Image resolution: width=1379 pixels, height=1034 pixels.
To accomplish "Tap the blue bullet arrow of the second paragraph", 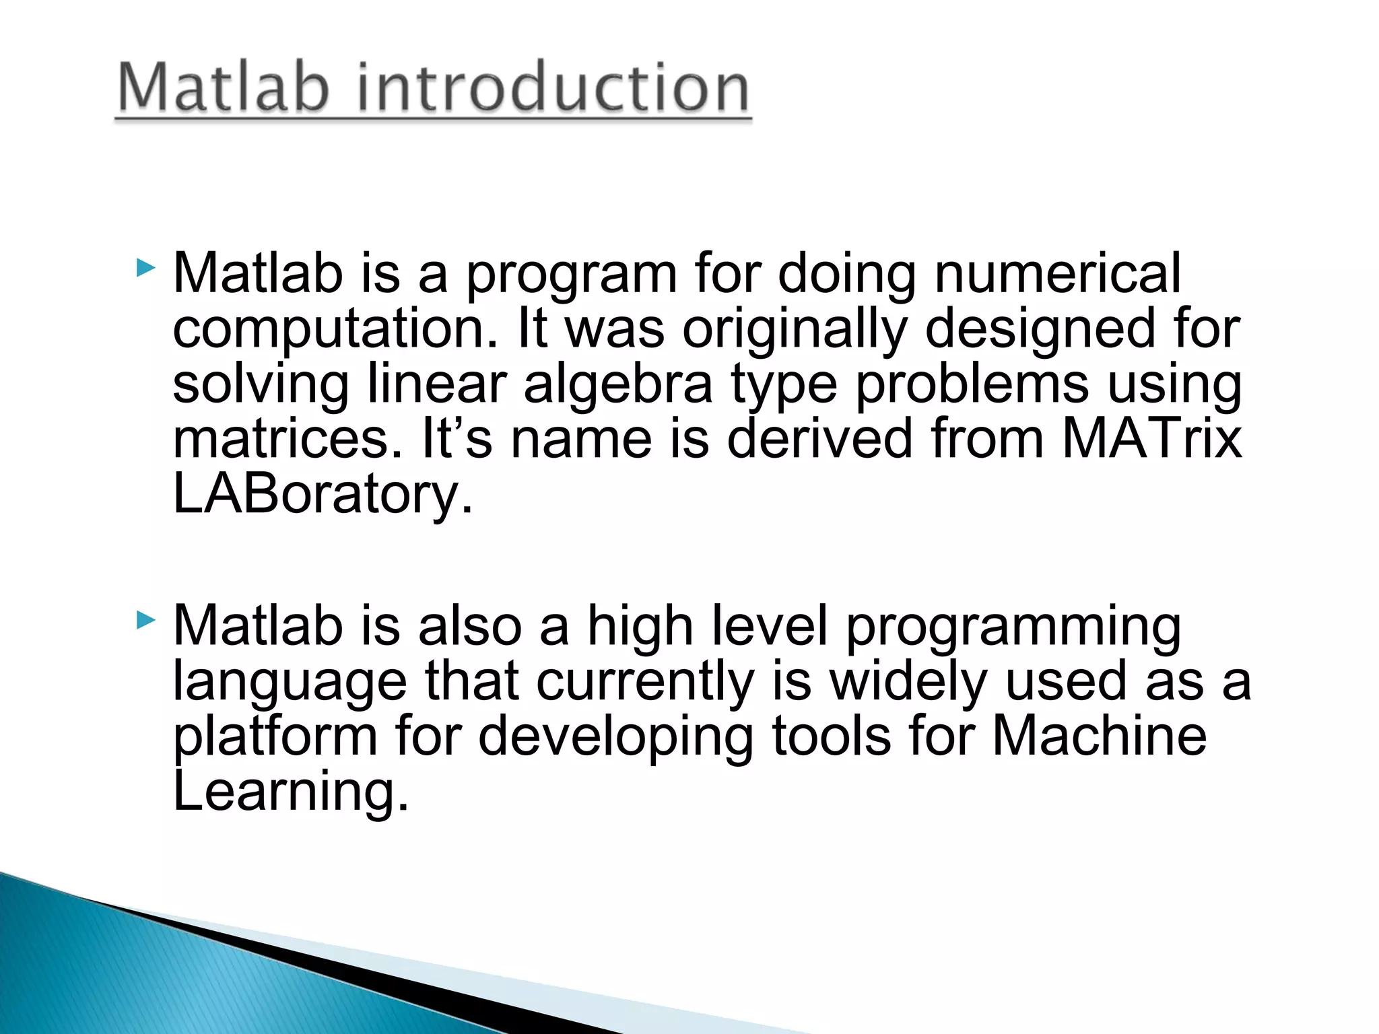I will click(x=145, y=620).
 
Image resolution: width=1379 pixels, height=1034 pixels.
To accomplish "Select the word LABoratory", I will click(x=323, y=495).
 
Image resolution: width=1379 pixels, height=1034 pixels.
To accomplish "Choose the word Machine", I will click(x=1099, y=736).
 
